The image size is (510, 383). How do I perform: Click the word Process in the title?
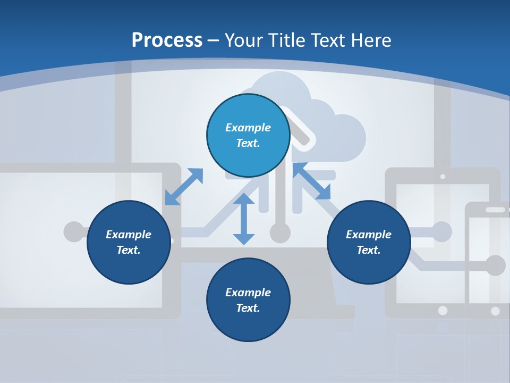coord(167,40)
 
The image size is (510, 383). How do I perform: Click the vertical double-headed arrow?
coord(244,219)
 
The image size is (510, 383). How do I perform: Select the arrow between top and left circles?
coord(184,186)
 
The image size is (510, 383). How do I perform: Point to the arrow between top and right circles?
coord(311,181)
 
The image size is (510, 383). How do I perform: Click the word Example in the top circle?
coord(248,128)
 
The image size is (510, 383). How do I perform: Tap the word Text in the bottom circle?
coord(248,308)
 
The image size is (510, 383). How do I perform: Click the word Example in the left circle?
coord(129,235)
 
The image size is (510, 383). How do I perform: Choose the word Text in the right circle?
coord(368,250)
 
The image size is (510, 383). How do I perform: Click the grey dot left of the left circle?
coord(73,231)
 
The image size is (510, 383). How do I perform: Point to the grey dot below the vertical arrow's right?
coord(280,232)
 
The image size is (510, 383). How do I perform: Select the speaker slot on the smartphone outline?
coord(495,210)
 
